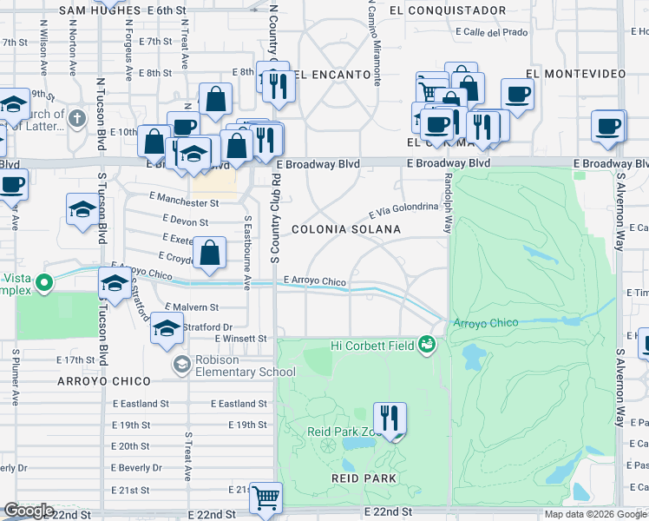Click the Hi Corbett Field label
click(373, 345)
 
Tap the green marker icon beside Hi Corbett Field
click(426, 345)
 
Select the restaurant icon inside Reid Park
click(390, 418)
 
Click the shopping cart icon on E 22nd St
click(266, 498)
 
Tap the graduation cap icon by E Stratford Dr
click(167, 328)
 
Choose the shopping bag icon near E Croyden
click(210, 253)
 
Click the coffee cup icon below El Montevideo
click(518, 94)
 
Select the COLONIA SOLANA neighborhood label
click(346, 230)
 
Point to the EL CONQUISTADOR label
click(448, 10)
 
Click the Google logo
click(28, 511)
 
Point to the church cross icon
click(76, 117)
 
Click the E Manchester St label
click(184, 201)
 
